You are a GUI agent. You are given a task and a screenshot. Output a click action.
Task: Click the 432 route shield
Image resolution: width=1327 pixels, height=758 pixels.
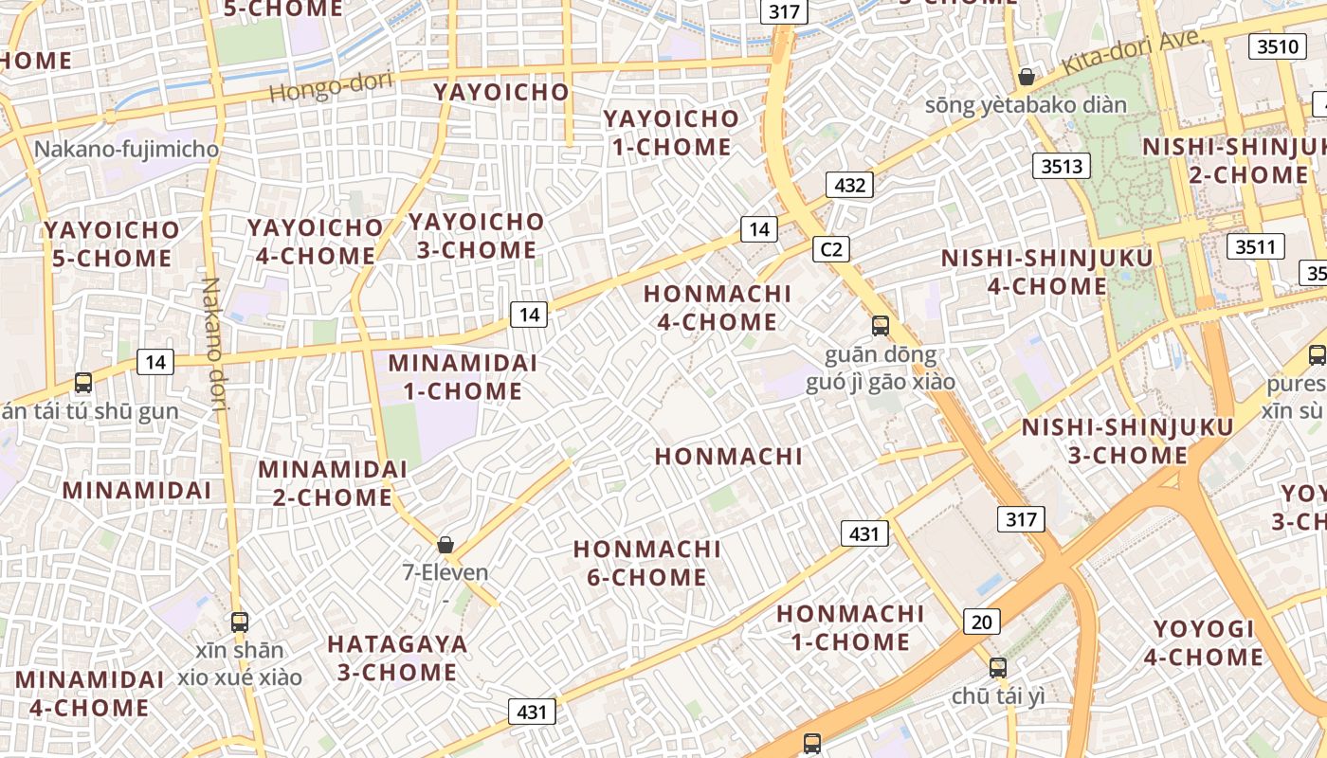tap(849, 185)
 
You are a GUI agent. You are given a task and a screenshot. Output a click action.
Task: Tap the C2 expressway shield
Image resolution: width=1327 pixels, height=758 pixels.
tap(831, 249)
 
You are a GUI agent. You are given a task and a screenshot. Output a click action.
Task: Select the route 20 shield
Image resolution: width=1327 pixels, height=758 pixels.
tap(982, 622)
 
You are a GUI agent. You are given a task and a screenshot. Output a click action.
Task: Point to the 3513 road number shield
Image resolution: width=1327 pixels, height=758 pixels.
tap(1061, 167)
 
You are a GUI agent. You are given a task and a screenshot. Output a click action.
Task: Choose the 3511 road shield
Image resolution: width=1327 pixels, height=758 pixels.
tap(1256, 247)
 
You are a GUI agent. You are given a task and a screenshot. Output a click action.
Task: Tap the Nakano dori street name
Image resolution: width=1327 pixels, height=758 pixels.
tap(213, 346)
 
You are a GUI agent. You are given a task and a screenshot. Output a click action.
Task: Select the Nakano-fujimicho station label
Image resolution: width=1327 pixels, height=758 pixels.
tap(126, 150)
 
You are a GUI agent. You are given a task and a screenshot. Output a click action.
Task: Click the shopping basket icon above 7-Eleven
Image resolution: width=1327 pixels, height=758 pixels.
tap(445, 545)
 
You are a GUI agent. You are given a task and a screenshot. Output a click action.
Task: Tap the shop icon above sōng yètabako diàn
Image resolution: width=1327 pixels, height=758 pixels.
tap(1026, 77)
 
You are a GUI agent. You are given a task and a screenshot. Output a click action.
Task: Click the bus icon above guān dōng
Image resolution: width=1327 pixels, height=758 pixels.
tap(881, 326)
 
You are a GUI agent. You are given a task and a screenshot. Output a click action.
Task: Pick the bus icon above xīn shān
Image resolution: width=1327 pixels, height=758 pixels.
tap(240, 623)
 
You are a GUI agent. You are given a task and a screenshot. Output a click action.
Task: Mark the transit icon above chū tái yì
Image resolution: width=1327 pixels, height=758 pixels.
tap(997, 667)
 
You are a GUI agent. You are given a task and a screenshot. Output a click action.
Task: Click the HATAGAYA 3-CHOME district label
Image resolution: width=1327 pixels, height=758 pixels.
tap(397, 659)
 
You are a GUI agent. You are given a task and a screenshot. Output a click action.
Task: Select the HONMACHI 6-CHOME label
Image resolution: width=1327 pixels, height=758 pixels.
tap(647, 563)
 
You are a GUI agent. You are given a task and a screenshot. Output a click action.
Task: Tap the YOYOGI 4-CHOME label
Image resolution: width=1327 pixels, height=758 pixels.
tap(1204, 642)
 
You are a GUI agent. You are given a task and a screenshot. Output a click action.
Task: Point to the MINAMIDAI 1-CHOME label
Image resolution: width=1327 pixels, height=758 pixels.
tap(463, 377)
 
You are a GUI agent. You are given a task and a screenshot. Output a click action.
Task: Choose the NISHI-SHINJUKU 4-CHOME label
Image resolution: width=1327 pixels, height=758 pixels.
tap(1046, 272)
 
